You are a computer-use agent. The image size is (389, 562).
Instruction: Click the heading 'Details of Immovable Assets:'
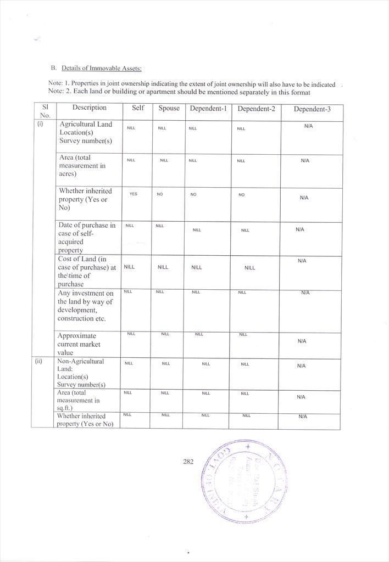point(102,68)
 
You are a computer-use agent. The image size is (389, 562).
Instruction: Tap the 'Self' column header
point(138,108)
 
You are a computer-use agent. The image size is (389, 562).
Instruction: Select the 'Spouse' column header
point(169,108)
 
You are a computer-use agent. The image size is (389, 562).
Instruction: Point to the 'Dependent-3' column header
point(312,109)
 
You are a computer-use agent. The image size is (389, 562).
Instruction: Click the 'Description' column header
point(90,108)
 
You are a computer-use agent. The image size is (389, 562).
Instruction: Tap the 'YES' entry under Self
point(133,194)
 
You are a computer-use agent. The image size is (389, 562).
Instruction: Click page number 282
point(188,462)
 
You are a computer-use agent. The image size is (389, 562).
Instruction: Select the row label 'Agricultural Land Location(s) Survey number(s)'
point(86,132)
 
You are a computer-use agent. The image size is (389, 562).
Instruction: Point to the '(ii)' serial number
point(39,362)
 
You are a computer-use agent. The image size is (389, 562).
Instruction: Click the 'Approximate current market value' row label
point(79,344)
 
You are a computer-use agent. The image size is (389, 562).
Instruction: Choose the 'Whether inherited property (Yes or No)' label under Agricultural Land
point(85,199)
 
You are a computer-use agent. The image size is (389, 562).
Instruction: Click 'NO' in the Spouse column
point(160,195)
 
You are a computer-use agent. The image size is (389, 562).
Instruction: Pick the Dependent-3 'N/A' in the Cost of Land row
point(302,261)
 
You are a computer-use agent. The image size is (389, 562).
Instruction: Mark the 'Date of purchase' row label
point(87,238)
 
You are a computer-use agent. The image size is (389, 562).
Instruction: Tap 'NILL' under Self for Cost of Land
point(129,267)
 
